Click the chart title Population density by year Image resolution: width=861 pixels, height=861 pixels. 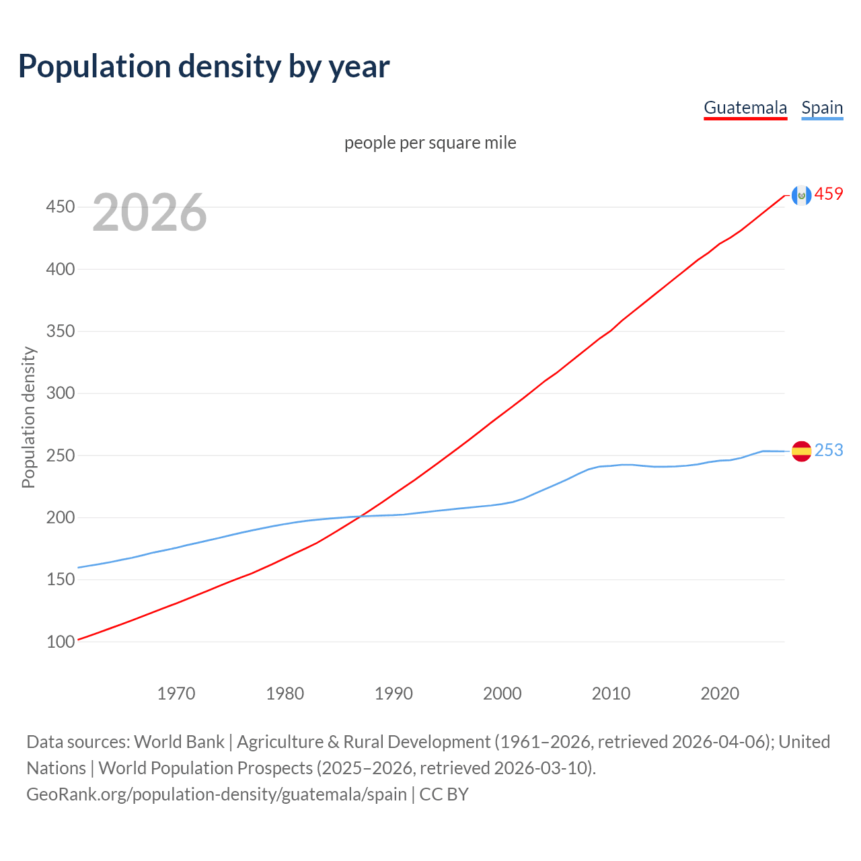pos(204,66)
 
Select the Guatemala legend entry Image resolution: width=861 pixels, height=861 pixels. pos(745,108)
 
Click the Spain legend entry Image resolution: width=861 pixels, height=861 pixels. pos(822,108)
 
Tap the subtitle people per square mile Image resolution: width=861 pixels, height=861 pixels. pos(430,143)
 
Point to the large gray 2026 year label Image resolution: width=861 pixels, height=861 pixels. pos(149,213)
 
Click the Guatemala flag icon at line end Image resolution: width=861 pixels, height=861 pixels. pos(801,195)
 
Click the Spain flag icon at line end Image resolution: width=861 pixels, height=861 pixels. pos(801,451)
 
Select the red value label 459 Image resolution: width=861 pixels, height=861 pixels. pos(829,194)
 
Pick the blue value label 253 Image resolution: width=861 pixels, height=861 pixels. pos(829,450)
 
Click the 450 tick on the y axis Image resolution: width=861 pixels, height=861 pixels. pos(60,207)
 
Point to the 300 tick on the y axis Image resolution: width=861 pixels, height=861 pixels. pos(60,394)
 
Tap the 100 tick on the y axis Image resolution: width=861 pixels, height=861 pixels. pos(60,642)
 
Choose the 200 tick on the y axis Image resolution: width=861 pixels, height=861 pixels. pos(60,517)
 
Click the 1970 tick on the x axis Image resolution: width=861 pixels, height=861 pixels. pos(176,693)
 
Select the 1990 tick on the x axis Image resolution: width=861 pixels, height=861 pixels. pos(394,693)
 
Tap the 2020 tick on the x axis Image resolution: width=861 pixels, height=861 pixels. pos(720,693)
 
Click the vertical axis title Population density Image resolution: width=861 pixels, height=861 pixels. pos(28,417)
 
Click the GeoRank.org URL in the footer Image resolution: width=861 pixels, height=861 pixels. pos(217,794)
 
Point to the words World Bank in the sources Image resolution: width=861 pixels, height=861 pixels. pos(179,742)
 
